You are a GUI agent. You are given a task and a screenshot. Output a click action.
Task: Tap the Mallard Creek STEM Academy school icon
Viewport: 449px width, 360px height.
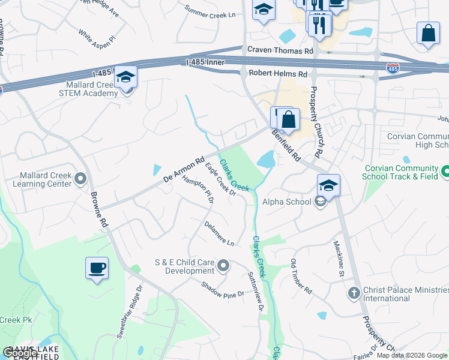coord(126,77)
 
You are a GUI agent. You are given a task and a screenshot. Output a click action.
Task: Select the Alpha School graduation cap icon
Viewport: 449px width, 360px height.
coord(328,185)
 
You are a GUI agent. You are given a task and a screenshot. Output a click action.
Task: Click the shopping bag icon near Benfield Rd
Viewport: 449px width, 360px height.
coord(289,119)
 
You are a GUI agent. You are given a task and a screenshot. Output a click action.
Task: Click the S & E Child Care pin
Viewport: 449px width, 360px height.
coord(224,265)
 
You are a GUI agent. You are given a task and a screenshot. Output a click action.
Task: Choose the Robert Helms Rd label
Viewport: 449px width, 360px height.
coord(277,74)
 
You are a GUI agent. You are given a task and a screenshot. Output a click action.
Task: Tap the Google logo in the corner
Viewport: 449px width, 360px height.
coord(20,353)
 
